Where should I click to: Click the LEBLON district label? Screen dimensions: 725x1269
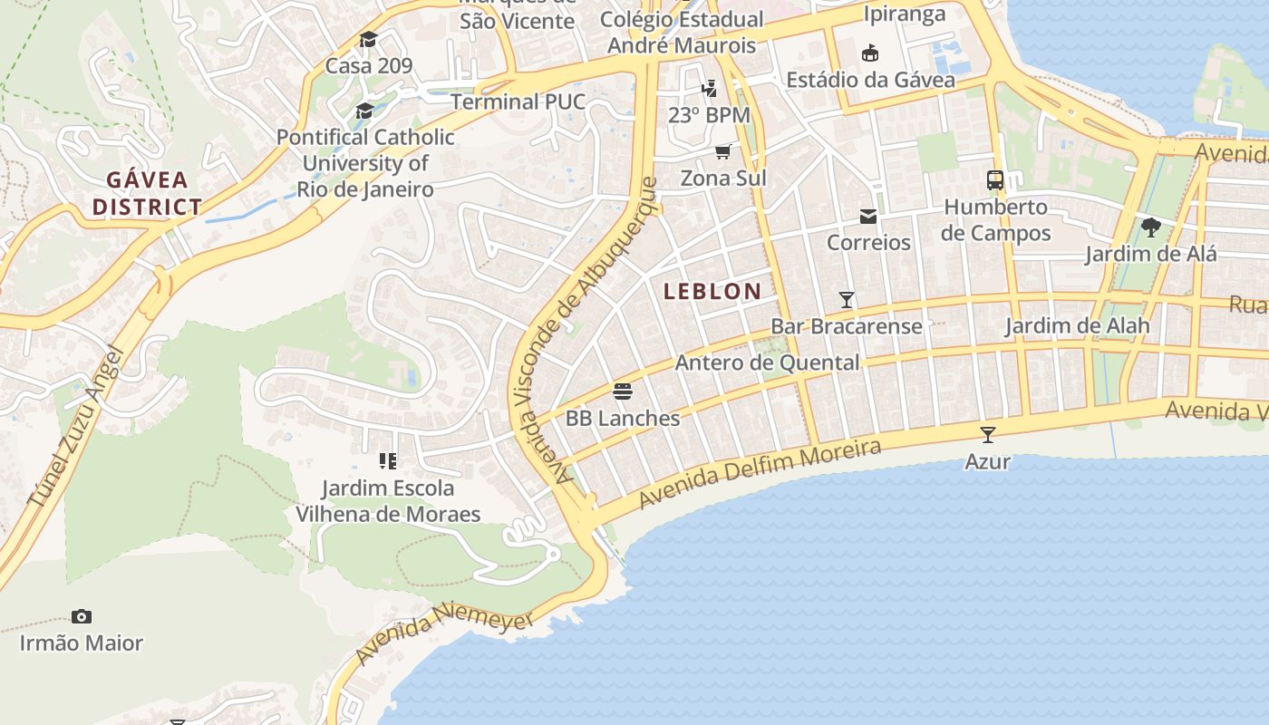click(x=712, y=291)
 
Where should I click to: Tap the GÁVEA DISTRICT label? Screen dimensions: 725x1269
click(x=147, y=193)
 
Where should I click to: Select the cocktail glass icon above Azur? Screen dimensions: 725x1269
click(x=987, y=435)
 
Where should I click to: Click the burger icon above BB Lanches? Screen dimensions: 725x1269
click(x=623, y=391)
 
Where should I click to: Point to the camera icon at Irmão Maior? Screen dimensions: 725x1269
click(x=82, y=617)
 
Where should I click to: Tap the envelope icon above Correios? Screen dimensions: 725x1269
click(x=868, y=217)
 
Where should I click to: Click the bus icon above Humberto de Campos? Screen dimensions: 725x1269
click(x=995, y=179)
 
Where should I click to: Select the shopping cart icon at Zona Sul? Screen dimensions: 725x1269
click(x=722, y=151)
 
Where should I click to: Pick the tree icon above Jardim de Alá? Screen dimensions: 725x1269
click(x=1151, y=227)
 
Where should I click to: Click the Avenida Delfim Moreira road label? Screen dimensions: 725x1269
click(x=760, y=473)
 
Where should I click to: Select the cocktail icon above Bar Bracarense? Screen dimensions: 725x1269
click(x=847, y=299)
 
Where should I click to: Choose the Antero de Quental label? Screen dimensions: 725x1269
click(x=767, y=362)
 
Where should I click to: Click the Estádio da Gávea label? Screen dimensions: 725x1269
click(x=870, y=80)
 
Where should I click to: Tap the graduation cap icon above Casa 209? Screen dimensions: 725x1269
click(x=368, y=40)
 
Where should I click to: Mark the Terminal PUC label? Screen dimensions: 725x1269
click(x=518, y=101)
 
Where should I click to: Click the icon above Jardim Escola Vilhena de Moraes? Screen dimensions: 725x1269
click(x=388, y=461)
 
